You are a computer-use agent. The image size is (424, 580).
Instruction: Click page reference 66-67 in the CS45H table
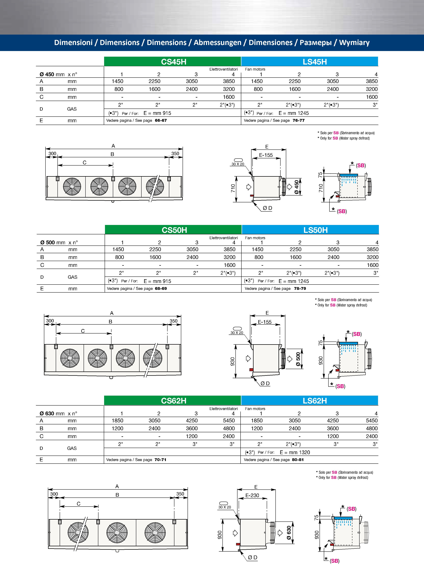pos(161,120)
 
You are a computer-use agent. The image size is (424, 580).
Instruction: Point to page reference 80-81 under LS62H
pos(298,459)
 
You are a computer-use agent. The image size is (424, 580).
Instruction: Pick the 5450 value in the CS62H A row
pos(229,420)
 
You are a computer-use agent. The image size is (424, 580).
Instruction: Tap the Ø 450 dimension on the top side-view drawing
pos(297,187)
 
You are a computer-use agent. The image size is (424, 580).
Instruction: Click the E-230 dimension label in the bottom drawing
pos(252,495)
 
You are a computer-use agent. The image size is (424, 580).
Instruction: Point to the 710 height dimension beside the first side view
pos(233,188)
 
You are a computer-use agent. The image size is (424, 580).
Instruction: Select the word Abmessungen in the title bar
pos(217,43)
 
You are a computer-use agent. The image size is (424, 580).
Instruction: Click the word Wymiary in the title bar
pos(354,43)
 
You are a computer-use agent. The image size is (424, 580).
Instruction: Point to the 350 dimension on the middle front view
pos(174,321)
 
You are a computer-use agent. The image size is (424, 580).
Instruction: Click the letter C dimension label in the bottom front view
pos(78,504)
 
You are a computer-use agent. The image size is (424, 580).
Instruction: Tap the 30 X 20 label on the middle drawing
pos(237,332)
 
